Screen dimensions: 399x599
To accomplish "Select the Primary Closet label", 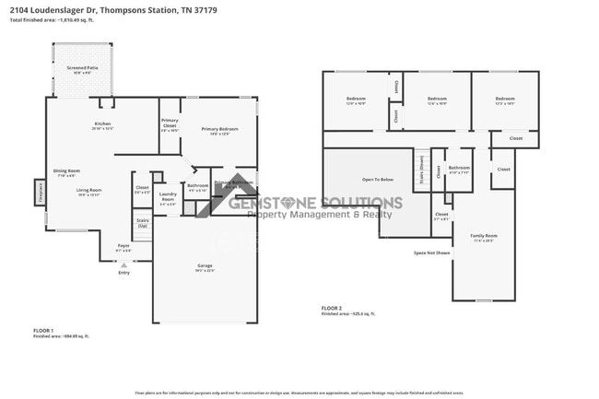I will click(x=170, y=123).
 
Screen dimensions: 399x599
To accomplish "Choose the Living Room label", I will click(x=88, y=190).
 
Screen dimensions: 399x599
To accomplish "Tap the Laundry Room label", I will click(x=168, y=195).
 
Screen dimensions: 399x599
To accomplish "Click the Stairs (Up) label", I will click(x=143, y=223).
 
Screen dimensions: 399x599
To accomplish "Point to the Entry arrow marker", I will click(x=123, y=265).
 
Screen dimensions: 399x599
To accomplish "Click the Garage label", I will click(x=204, y=265).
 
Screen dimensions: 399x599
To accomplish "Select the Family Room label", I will click(x=484, y=237).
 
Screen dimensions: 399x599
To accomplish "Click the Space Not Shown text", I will click(x=431, y=252).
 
